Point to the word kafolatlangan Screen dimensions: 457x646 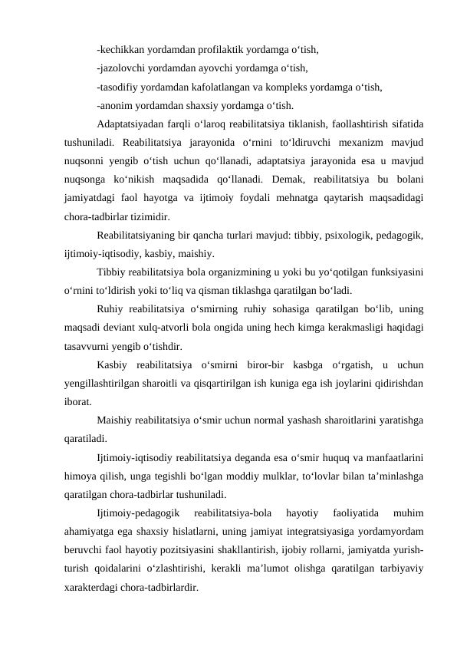(255, 86)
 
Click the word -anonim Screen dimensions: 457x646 (115, 105)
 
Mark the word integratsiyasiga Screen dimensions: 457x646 (301, 532)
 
